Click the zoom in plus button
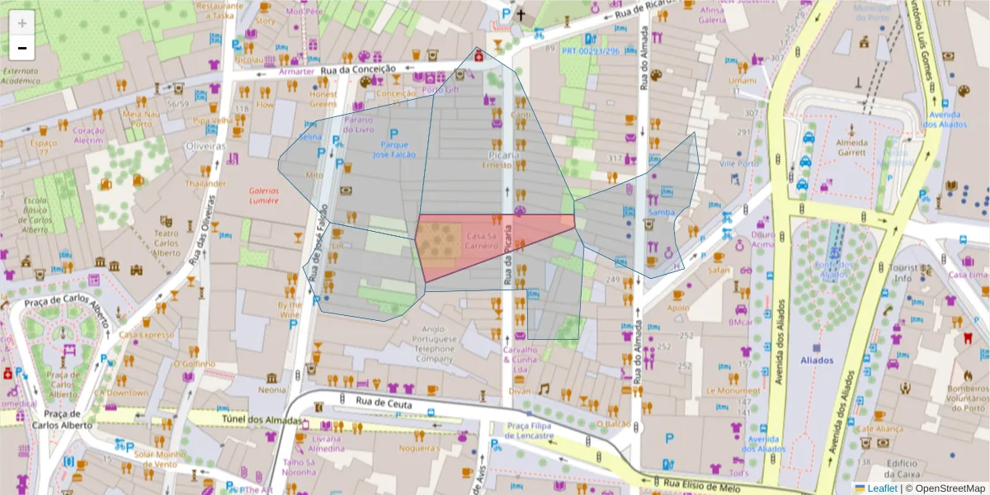(22, 23)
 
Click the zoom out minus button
(22, 48)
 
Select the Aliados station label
(817, 360)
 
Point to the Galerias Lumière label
(264, 195)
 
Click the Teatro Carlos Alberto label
(167, 243)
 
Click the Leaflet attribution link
(882, 488)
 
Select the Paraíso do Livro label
(359, 124)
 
